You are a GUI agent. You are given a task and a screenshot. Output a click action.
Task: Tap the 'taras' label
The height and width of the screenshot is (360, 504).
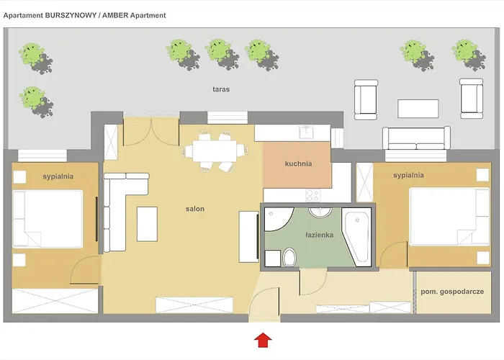click(x=221, y=90)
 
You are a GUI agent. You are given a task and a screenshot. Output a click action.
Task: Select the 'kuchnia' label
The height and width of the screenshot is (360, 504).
click(x=298, y=163)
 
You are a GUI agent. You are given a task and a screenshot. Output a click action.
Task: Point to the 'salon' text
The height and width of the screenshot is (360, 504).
click(x=194, y=209)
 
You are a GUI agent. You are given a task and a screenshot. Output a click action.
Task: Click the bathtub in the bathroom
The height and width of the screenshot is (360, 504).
click(x=359, y=237)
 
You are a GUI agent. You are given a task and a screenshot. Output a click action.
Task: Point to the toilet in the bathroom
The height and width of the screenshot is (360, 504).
click(x=289, y=257)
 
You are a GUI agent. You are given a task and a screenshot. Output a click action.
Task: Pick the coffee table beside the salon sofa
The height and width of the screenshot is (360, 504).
click(x=148, y=224)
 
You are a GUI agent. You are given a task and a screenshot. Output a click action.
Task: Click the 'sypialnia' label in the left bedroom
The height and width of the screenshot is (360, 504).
click(x=59, y=175)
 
